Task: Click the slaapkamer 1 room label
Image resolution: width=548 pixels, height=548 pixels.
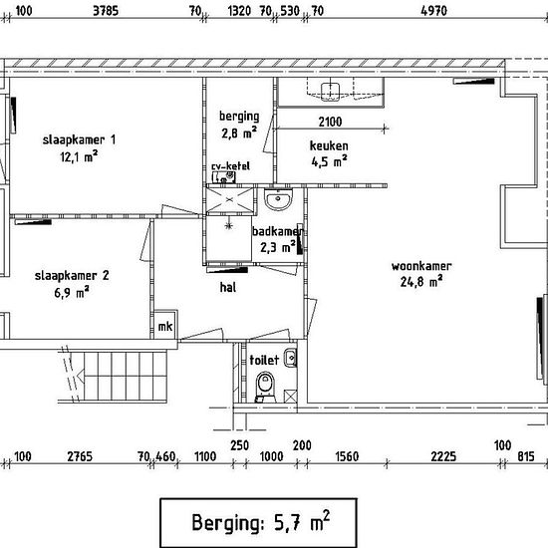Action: coord(79,140)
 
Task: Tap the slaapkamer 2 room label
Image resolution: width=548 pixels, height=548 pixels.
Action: coord(72,276)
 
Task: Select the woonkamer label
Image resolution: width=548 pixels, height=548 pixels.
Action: coord(421,266)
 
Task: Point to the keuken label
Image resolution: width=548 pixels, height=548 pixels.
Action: coord(329,145)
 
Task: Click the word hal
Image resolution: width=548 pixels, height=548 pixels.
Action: coord(228,287)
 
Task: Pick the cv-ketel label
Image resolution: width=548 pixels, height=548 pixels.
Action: coord(231,165)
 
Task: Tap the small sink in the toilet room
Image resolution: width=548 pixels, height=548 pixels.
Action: coord(290,358)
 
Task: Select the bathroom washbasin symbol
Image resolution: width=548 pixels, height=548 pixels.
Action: coord(278,199)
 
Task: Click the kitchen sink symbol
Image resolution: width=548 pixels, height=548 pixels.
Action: coord(330,92)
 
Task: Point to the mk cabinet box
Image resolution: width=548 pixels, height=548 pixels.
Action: coord(165,325)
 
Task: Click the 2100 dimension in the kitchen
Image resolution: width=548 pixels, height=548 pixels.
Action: coord(330,122)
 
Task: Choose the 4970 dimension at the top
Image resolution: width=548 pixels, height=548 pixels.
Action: coord(433,11)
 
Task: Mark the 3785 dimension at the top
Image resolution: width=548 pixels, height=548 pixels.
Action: coord(106,11)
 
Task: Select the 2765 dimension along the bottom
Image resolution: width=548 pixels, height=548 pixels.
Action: coord(80,456)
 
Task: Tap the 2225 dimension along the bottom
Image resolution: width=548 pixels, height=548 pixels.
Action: coord(443,456)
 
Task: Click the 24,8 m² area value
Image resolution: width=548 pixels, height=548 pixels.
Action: coord(421,281)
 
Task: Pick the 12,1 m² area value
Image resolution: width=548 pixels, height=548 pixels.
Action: coord(79,156)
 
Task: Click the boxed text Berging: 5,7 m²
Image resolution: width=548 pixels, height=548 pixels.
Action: coord(259,522)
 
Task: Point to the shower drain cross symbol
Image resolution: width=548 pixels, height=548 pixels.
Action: coord(229,226)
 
